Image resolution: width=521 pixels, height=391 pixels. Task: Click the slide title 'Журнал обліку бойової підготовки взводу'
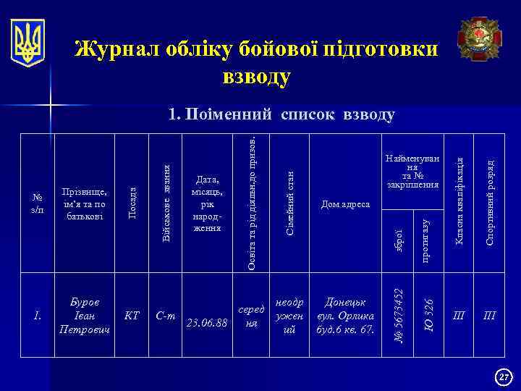click(x=256, y=62)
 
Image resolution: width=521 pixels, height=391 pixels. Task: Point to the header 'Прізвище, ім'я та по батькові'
click(x=85, y=204)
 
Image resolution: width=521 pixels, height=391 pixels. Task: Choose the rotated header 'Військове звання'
click(x=166, y=204)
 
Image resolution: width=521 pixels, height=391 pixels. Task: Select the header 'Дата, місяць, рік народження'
click(x=208, y=203)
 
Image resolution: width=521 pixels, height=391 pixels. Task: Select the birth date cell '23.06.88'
click(x=208, y=322)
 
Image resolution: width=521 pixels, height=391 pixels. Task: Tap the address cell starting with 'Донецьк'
click(x=345, y=315)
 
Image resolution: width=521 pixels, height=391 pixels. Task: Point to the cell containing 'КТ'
click(x=132, y=315)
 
